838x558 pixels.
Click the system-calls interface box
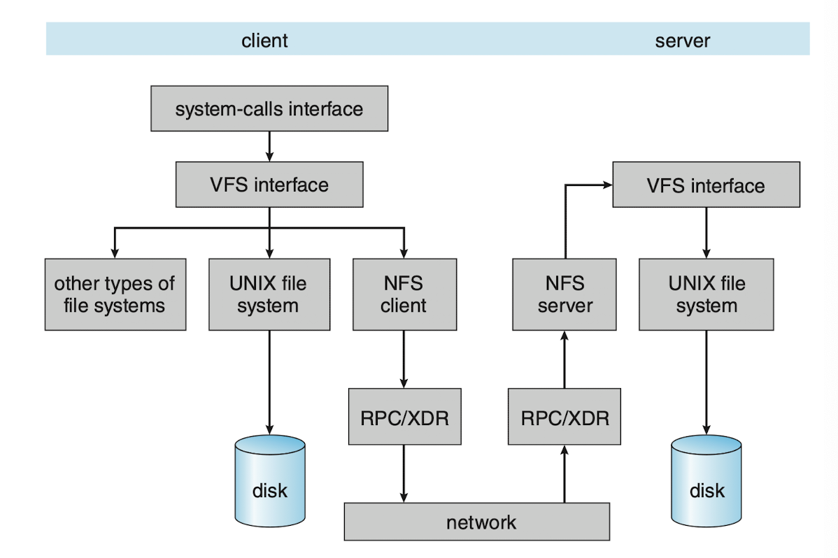(x=269, y=108)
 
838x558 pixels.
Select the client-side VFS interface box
(x=269, y=185)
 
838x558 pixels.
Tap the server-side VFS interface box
(x=706, y=185)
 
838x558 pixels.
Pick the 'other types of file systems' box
(x=115, y=294)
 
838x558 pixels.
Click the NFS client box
(x=404, y=294)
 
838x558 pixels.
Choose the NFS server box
(x=564, y=294)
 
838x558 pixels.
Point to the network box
(x=477, y=522)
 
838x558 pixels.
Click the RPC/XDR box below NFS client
(x=404, y=417)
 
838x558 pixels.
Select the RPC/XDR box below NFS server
(x=564, y=417)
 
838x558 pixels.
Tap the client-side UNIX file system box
(x=269, y=294)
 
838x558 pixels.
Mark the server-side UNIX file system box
(x=706, y=294)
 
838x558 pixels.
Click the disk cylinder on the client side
(x=270, y=480)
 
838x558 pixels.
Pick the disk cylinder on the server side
(x=706, y=480)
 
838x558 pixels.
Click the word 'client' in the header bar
(x=264, y=41)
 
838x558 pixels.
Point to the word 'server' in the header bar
(x=683, y=41)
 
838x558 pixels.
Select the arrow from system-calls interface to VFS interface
(x=269, y=146)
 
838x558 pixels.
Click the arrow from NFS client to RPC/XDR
(x=404, y=359)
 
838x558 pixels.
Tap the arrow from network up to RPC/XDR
(x=564, y=474)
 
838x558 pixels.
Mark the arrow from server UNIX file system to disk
(x=706, y=382)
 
